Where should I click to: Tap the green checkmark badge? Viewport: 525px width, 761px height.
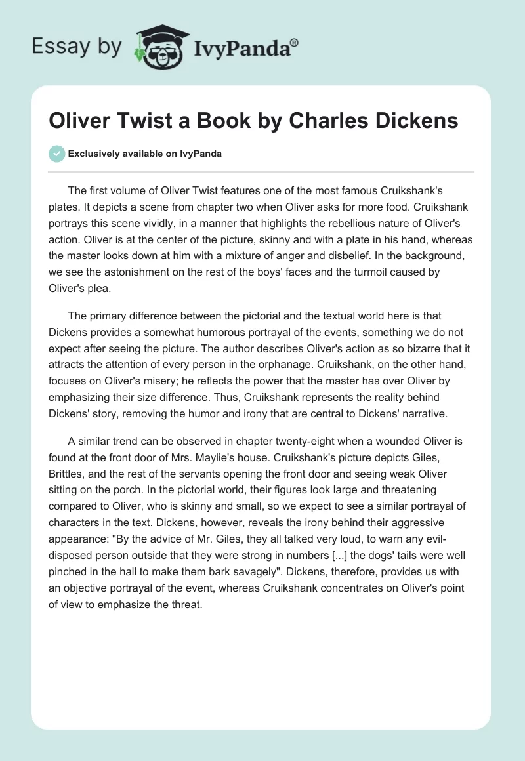click(x=57, y=154)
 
